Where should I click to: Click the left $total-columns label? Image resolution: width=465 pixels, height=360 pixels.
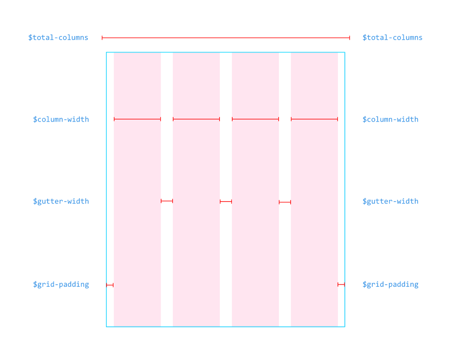click(x=58, y=38)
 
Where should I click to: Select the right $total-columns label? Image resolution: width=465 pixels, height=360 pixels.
click(x=392, y=38)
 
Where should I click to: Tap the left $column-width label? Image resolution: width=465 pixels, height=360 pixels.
click(x=61, y=120)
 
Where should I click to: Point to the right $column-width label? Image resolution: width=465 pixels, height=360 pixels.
click(x=390, y=120)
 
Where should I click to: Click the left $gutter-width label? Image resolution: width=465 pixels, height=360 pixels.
click(x=61, y=202)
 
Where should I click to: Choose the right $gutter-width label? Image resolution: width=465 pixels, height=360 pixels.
click(x=390, y=202)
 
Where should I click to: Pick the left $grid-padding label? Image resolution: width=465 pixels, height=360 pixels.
click(x=61, y=285)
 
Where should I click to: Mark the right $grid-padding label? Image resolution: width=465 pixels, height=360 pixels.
click(x=390, y=285)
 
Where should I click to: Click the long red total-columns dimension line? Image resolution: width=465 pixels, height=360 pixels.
click(x=226, y=38)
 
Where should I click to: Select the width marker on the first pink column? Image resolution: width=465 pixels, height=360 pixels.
click(x=137, y=119)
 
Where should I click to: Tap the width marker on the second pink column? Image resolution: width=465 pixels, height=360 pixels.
click(x=196, y=119)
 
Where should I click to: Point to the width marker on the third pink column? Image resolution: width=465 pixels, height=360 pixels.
click(x=255, y=119)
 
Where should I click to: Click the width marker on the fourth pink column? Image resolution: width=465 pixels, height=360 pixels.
click(x=314, y=119)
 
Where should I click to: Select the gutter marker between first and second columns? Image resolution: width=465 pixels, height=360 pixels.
click(x=167, y=201)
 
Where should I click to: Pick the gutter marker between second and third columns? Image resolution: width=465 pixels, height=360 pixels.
click(x=226, y=202)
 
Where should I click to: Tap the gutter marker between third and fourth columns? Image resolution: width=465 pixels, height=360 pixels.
click(x=285, y=202)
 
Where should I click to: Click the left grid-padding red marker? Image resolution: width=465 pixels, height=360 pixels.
click(x=110, y=285)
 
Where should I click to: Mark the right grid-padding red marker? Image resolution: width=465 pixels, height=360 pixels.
click(x=341, y=284)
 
